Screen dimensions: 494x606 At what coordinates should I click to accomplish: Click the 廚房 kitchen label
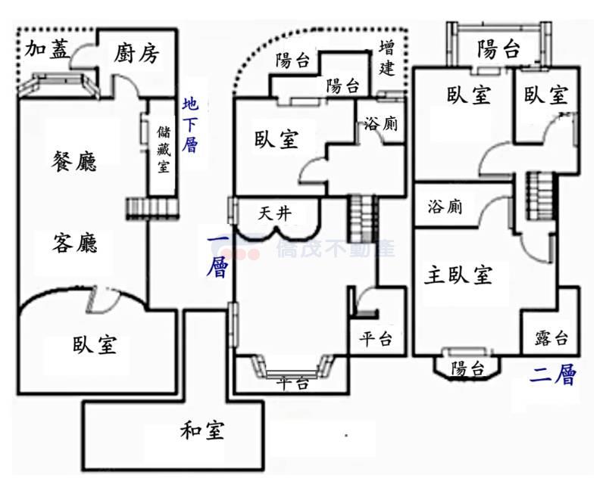[137, 54]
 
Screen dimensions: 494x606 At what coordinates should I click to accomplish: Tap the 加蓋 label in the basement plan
[47, 50]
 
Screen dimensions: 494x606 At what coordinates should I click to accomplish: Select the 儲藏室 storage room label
[162, 150]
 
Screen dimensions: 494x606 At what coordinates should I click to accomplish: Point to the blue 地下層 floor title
[190, 125]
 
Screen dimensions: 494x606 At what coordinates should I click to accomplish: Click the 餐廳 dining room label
[75, 160]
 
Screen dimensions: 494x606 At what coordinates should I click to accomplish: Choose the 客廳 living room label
[75, 244]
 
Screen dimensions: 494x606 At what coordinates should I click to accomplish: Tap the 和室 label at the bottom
[202, 431]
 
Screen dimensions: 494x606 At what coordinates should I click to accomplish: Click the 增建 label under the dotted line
[386, 57]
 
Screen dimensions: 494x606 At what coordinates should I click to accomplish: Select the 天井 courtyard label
[274, 213]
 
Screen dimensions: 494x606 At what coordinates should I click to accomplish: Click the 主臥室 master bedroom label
[458, 275]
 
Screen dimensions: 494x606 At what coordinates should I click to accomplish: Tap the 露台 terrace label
[551, 337]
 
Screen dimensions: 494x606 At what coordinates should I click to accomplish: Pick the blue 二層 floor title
[554, 374]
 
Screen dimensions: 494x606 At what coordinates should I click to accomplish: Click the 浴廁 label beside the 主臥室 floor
[445, 206]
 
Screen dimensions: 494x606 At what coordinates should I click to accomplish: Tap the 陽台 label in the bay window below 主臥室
[467, 368]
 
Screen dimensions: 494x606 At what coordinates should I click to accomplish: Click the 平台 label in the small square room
[375, 340]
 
